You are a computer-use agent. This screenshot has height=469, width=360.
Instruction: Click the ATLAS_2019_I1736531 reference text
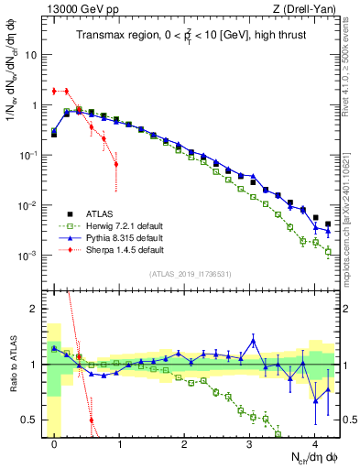point(191,273)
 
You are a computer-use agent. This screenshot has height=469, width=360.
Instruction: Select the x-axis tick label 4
point(315,448)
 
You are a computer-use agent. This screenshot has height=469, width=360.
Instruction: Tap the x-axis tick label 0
point(55,448)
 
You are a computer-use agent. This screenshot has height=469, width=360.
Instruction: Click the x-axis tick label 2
point(185,448)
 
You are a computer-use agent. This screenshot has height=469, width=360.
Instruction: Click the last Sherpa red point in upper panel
point(115,164)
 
